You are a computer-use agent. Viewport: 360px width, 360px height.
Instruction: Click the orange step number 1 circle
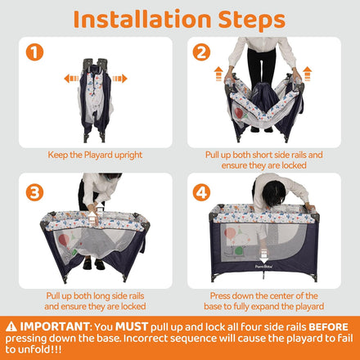coord(34,52)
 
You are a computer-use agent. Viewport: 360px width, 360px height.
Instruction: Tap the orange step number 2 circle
coord(201,52)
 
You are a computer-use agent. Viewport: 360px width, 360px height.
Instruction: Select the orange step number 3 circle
coord(34,192)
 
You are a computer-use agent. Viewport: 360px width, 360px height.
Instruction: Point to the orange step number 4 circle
coord(201,192)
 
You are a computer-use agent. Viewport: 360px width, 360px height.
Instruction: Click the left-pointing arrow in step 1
coord(71,79)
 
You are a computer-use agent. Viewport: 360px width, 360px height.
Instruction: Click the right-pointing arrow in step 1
coord(119,79)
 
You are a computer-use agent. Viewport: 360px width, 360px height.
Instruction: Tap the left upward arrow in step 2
coord(218,74)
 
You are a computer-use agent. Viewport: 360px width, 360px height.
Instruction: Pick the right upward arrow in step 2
coord(307,74)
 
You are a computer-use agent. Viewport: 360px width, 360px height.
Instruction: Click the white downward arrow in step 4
coord(263,256)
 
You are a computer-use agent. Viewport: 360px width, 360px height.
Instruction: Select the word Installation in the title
coord(142,20)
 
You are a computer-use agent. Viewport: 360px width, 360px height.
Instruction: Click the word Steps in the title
coord(251,20)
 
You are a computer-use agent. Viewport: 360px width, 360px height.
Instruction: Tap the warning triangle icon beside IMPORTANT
coord(11,326)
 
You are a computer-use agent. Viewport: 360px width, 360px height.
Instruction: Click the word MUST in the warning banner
coord(132,326)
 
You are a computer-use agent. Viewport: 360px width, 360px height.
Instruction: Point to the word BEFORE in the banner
coord(328,326)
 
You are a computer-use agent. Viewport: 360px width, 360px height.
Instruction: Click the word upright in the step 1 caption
coord(128,155)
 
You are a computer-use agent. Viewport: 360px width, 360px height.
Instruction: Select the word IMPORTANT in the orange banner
coord(55,326)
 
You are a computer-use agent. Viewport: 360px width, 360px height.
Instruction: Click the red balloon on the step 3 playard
coord(64,240)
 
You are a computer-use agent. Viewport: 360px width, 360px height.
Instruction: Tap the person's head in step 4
coord(273,193)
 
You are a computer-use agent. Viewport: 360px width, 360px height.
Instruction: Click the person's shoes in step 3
coord(93,264)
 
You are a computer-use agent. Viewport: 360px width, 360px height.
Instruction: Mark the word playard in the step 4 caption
coord(307,307)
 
